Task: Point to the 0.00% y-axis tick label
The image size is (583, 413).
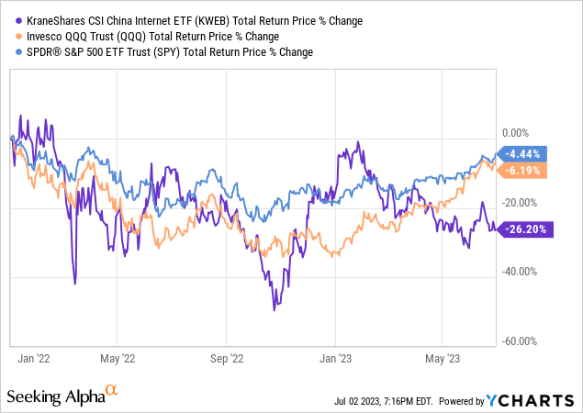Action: coord(519,133)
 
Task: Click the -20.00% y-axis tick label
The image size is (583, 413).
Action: coord(521,203)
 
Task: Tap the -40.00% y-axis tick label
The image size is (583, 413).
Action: coord(521,272)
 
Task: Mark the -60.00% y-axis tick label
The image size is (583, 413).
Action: coord(521,341)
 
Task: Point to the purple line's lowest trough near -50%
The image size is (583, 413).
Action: coord(274,309)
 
